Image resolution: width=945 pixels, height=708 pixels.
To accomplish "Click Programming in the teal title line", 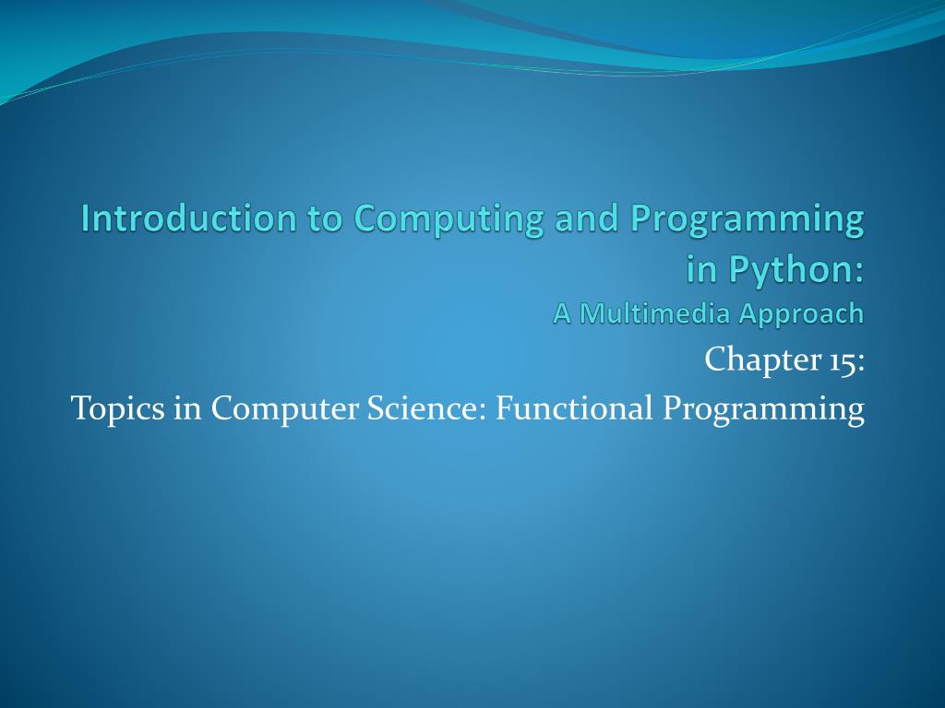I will [748, 220].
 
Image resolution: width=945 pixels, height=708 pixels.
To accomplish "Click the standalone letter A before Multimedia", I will [562, 313].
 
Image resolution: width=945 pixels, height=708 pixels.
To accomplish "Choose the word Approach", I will [802, 315].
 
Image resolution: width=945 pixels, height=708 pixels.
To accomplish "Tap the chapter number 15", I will [841, 360].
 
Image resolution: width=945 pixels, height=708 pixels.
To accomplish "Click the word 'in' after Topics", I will [185, 407].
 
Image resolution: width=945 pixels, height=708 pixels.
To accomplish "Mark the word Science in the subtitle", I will [428, 407].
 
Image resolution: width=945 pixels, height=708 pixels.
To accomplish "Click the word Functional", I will [574, 407].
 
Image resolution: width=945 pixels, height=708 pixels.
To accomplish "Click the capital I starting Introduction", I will [86, 218].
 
